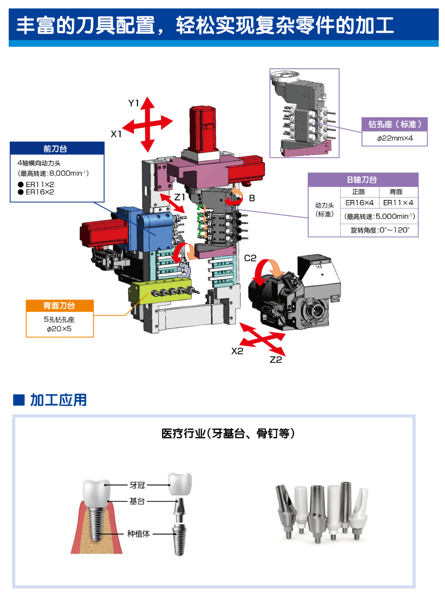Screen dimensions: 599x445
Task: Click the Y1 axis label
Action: (x=133, y=103)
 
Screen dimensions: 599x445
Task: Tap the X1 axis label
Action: (x=116, y=134)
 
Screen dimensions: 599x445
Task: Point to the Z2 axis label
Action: (x=276, y=359)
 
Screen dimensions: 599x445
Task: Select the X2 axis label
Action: (x=237, y=351)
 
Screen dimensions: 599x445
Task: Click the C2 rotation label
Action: (x=250, y=258)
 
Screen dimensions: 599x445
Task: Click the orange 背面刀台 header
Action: (x=59, y=305)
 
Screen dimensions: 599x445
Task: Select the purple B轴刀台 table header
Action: (x=363, y=180)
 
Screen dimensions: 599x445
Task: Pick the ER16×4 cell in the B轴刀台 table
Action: (x=359, y=203)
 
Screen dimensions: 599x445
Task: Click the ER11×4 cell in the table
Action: (x=398, y=203)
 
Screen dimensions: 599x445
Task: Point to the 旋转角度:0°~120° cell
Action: (x=379, y=230)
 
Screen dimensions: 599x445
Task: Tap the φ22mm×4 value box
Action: (x=394, y=139)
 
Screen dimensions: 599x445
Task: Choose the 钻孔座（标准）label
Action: (x=394, y=124)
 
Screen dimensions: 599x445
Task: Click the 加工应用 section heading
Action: (x=58, y=400)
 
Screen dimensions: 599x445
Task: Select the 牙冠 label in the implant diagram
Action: (x=137, y=485)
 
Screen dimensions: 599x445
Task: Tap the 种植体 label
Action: (x=138, y=534)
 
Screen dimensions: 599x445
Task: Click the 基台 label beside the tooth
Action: (x=137, y=501)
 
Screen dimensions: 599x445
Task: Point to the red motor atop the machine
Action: (x=203, y=128)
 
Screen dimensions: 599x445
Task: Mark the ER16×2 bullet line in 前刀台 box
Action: (x=40, y=192)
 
